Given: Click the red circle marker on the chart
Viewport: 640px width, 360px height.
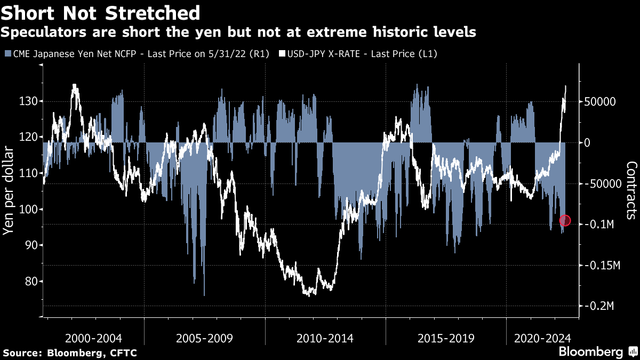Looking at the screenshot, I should coord(565,221).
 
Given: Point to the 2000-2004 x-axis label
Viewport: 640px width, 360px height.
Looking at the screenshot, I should coord(94,338).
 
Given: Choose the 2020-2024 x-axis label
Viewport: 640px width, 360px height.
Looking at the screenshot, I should coord(542,338).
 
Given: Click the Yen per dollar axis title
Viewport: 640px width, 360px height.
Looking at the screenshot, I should coord(9,189).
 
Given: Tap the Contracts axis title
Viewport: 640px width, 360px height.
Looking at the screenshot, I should coord(630,190).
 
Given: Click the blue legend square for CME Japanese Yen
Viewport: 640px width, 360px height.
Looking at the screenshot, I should coord(7,54).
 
